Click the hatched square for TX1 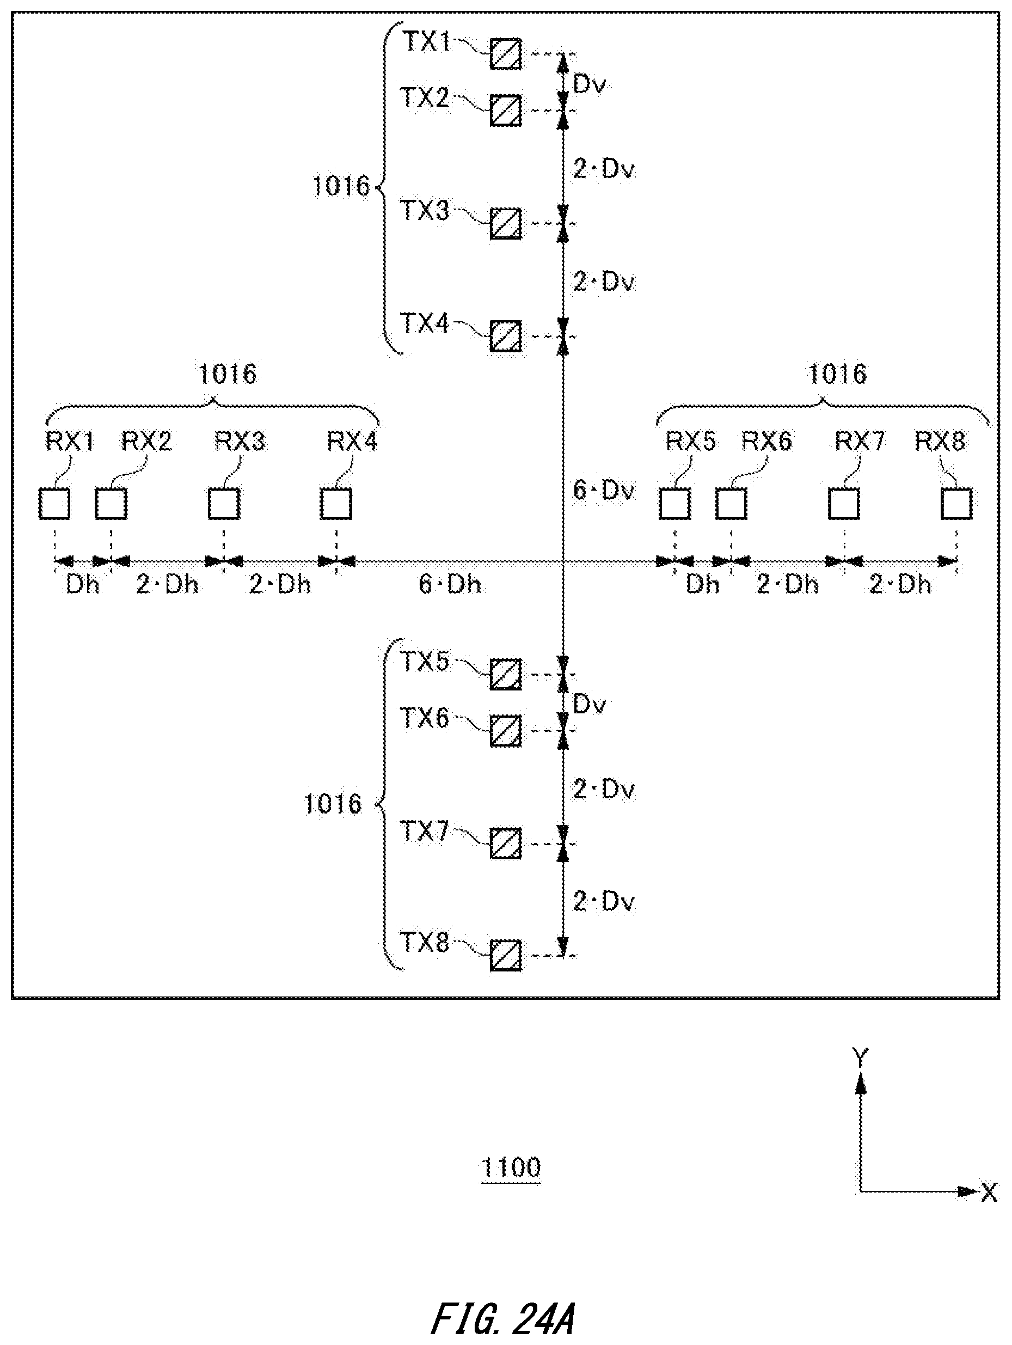point(506,54)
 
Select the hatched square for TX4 point(506,335)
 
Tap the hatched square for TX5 point(506,674)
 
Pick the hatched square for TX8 point(506,956)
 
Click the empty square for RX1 point(54,504)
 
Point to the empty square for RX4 point(336,504)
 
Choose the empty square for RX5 point(674,504)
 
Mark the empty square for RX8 point(956,504)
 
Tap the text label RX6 point(766,441)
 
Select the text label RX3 point(240,441)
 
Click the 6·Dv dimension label point(604,490)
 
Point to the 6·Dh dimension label point(450,584)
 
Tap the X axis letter point(990,1193)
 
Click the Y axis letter point(861,1058)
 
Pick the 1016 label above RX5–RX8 point(837,374)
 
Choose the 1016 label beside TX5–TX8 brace point(333,804)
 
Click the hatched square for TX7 point(506,843)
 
